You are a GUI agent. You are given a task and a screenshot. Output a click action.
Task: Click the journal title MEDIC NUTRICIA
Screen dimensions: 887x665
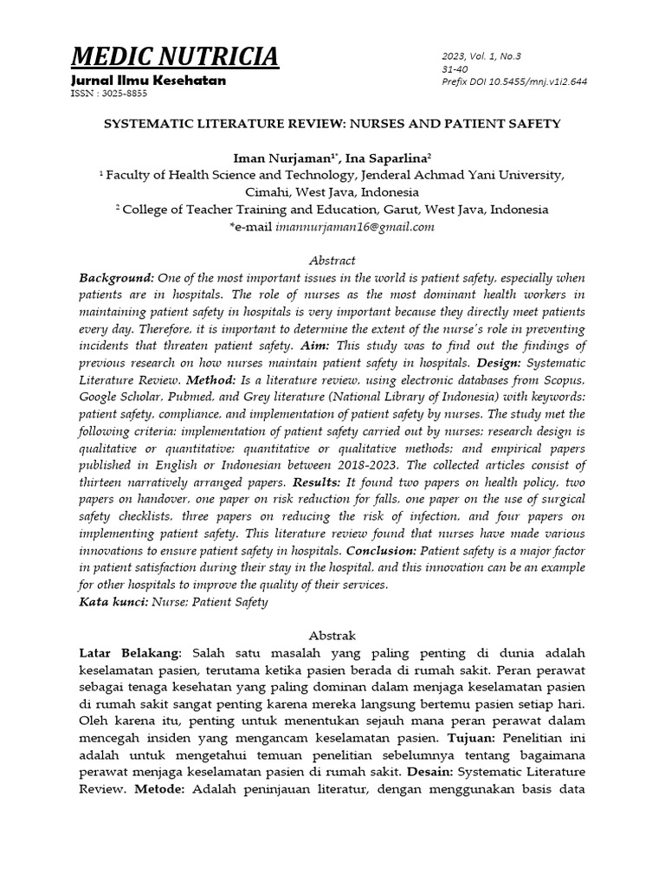[x=175, y=57]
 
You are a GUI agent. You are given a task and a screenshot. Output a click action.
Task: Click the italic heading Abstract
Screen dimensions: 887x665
[x=332, y=261]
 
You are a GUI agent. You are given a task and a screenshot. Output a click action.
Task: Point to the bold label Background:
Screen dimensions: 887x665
[x=117, y=278]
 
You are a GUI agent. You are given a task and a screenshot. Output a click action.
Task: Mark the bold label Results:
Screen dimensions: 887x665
[x=318, y=482]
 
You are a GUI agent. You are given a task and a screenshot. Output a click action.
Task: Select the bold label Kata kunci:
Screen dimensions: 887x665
[x=113, y=602]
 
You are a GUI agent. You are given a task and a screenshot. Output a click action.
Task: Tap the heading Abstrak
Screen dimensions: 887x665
[x=332, y=636]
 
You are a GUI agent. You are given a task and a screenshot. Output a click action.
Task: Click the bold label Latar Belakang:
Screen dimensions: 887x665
[x=131, y=652]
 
